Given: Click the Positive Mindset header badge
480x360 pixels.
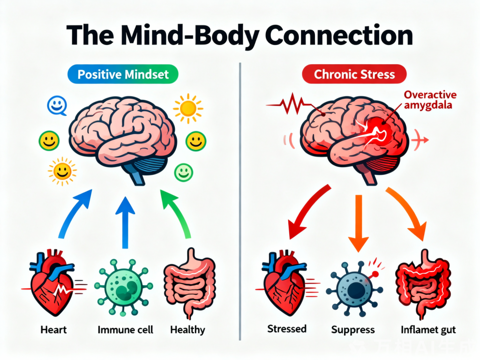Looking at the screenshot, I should pyautogui.click(x=122, y=74).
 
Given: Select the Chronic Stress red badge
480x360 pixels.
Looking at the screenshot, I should pyautogui.click(x=354, y=74).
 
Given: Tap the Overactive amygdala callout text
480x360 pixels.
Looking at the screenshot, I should pyautogui.click(x=430, y=100).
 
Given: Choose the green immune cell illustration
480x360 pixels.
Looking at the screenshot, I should pyautogui.click(x=123, y=286).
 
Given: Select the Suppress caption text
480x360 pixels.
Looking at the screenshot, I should pyautogui.click(x=353, y=330).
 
